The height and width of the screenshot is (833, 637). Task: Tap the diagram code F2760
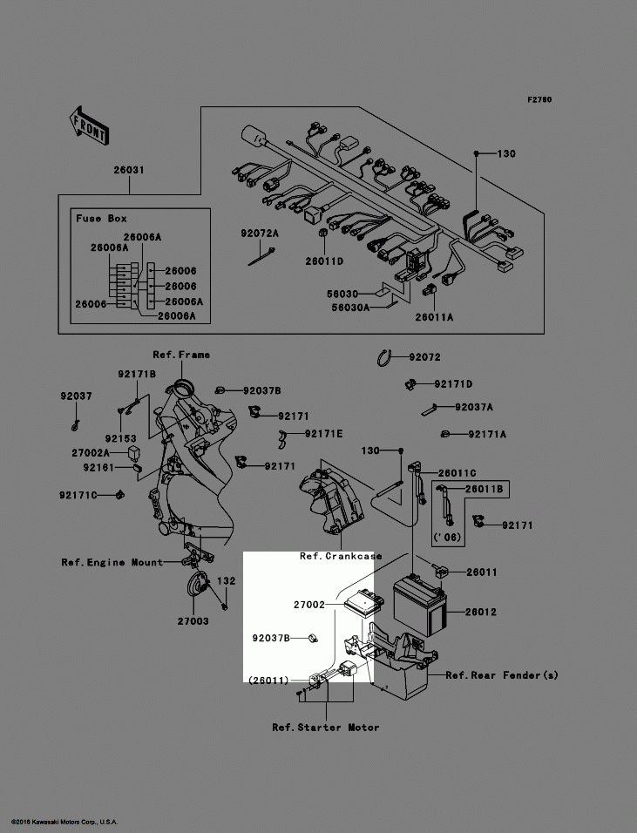pyautogui.click(x=539, y=100)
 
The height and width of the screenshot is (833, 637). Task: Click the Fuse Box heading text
pyautogui.click(x=101, y=219)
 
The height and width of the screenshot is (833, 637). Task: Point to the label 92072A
pyautogui.click(x=260, y=234)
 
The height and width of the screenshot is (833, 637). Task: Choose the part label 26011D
pyautogui.click(x=323, y=261)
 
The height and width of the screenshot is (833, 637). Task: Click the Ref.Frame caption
pyautogui.click(x=181, y=355)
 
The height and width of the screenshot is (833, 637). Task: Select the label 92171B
pyautogui.click(x=137, y=374)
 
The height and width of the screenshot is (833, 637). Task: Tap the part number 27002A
pyautogui.click(x=91, y=453)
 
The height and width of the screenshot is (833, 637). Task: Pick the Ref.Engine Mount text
pyautogui.click(x=112, y=562)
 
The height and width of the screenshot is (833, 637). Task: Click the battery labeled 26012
pyautogui.click(x=421, y=602)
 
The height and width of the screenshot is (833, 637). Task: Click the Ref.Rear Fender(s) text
pyautogui.click(x=502, y=674)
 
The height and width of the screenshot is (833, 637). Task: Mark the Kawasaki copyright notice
pyautogui.click(x=64, y=822)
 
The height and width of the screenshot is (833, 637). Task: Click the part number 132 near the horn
pyautogui.click(x=226, y=580)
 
